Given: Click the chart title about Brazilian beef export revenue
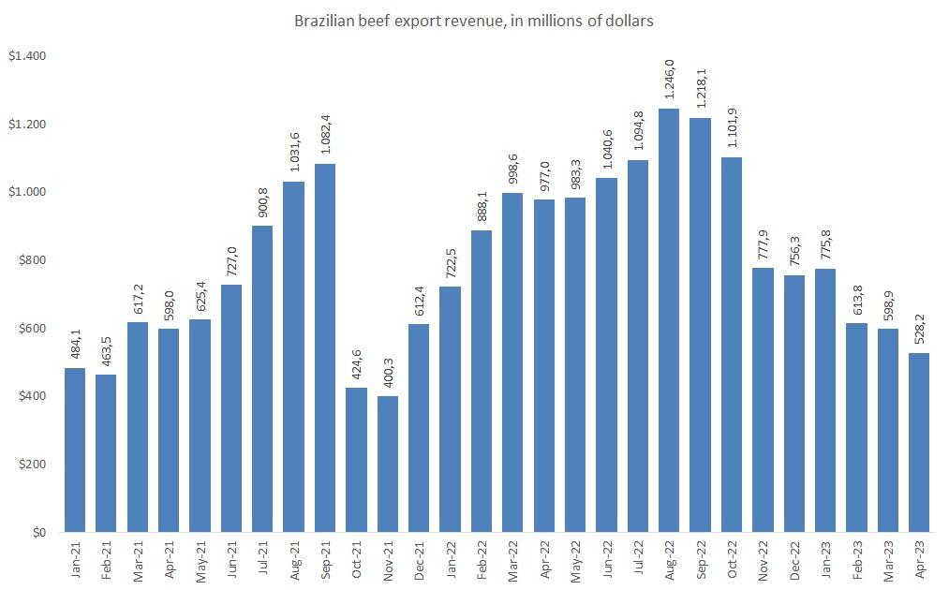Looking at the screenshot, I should (473, 20).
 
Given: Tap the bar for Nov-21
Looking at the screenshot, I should (388, 465).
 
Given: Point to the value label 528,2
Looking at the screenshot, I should (919, 332).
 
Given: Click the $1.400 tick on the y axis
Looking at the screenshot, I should (27, 56).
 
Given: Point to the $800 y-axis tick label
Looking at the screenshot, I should (32, 260).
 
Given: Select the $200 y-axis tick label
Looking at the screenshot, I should (32, 465).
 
